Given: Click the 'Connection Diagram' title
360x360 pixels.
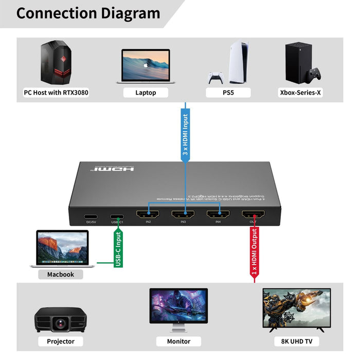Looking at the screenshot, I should pyautogui.click(x=88, y=13).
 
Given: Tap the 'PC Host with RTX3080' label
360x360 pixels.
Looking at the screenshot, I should pyautogui.click(x=56, y=93).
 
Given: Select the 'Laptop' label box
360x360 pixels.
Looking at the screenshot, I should pyautogui.click(x=146, y=93).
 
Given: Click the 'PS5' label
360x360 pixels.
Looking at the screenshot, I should pyautogui.click(x=228, y=93).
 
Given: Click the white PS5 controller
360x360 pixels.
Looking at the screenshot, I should pyautogui.click(x=215, y=78).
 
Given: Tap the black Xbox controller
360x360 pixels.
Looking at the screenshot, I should pyautogui.click(x=313, y=75).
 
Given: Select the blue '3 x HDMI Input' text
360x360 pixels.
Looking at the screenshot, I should pyautogui.click(x=186, y=135).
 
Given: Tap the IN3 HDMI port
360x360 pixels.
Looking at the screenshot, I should pyautogui.click(x=183, y=215).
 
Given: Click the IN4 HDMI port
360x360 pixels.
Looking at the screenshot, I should pyautogui.click(x=218, y=215).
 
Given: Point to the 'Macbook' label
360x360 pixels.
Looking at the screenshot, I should pyautogui.click(x=61, y=274).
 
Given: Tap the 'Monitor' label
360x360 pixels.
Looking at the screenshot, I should pyautogui.click(x=179, y=341).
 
